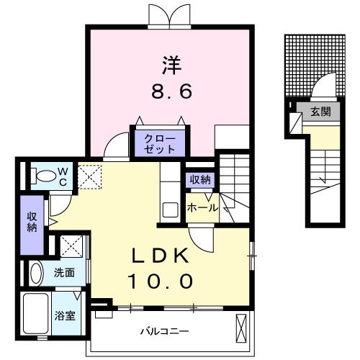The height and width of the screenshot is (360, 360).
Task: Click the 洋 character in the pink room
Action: click(172, 66)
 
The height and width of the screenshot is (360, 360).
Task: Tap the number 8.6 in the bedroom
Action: click(172, 91)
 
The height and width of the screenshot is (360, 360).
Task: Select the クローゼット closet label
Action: click(160, 144)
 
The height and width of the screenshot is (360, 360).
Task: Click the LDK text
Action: click(160, 256)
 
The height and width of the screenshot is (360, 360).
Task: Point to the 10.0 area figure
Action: click(161, 281)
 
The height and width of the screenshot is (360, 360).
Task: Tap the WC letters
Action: click(63, 177)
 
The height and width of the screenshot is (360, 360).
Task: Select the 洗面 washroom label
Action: click(64, 273)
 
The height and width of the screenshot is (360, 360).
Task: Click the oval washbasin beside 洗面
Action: click(36, 274)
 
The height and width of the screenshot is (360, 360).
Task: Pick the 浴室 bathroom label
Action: click(65, 315)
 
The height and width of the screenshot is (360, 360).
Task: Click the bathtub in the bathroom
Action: click(36, 313)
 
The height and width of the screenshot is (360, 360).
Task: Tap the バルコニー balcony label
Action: click(165, 331)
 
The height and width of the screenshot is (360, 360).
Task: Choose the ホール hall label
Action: click(202, 208)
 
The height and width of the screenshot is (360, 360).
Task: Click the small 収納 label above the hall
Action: click(200, 179)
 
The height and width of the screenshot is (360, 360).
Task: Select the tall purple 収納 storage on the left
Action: click(32, 225)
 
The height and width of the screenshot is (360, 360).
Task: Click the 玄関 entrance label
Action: click(320, 112)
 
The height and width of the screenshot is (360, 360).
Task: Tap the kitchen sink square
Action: click(171, 210)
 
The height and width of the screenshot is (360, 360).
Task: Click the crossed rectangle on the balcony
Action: click(241, 328)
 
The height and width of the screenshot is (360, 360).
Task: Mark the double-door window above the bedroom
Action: click(169, 16)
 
